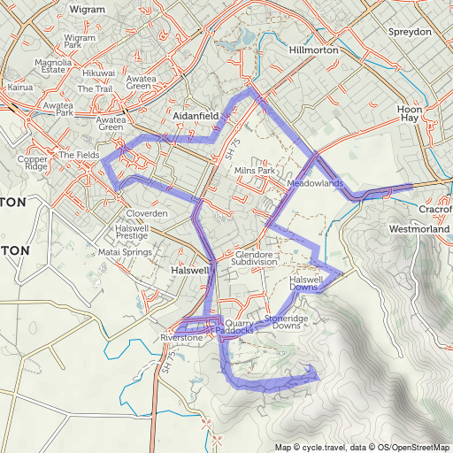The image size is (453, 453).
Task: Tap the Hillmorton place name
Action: (314, 51)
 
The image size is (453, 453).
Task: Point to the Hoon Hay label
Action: (408, 111)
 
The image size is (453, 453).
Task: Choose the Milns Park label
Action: (256, 170)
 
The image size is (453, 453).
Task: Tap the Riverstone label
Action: (182, 338)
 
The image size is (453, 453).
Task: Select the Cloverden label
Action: (146, 214)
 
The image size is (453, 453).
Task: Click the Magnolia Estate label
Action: (52, 67)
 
